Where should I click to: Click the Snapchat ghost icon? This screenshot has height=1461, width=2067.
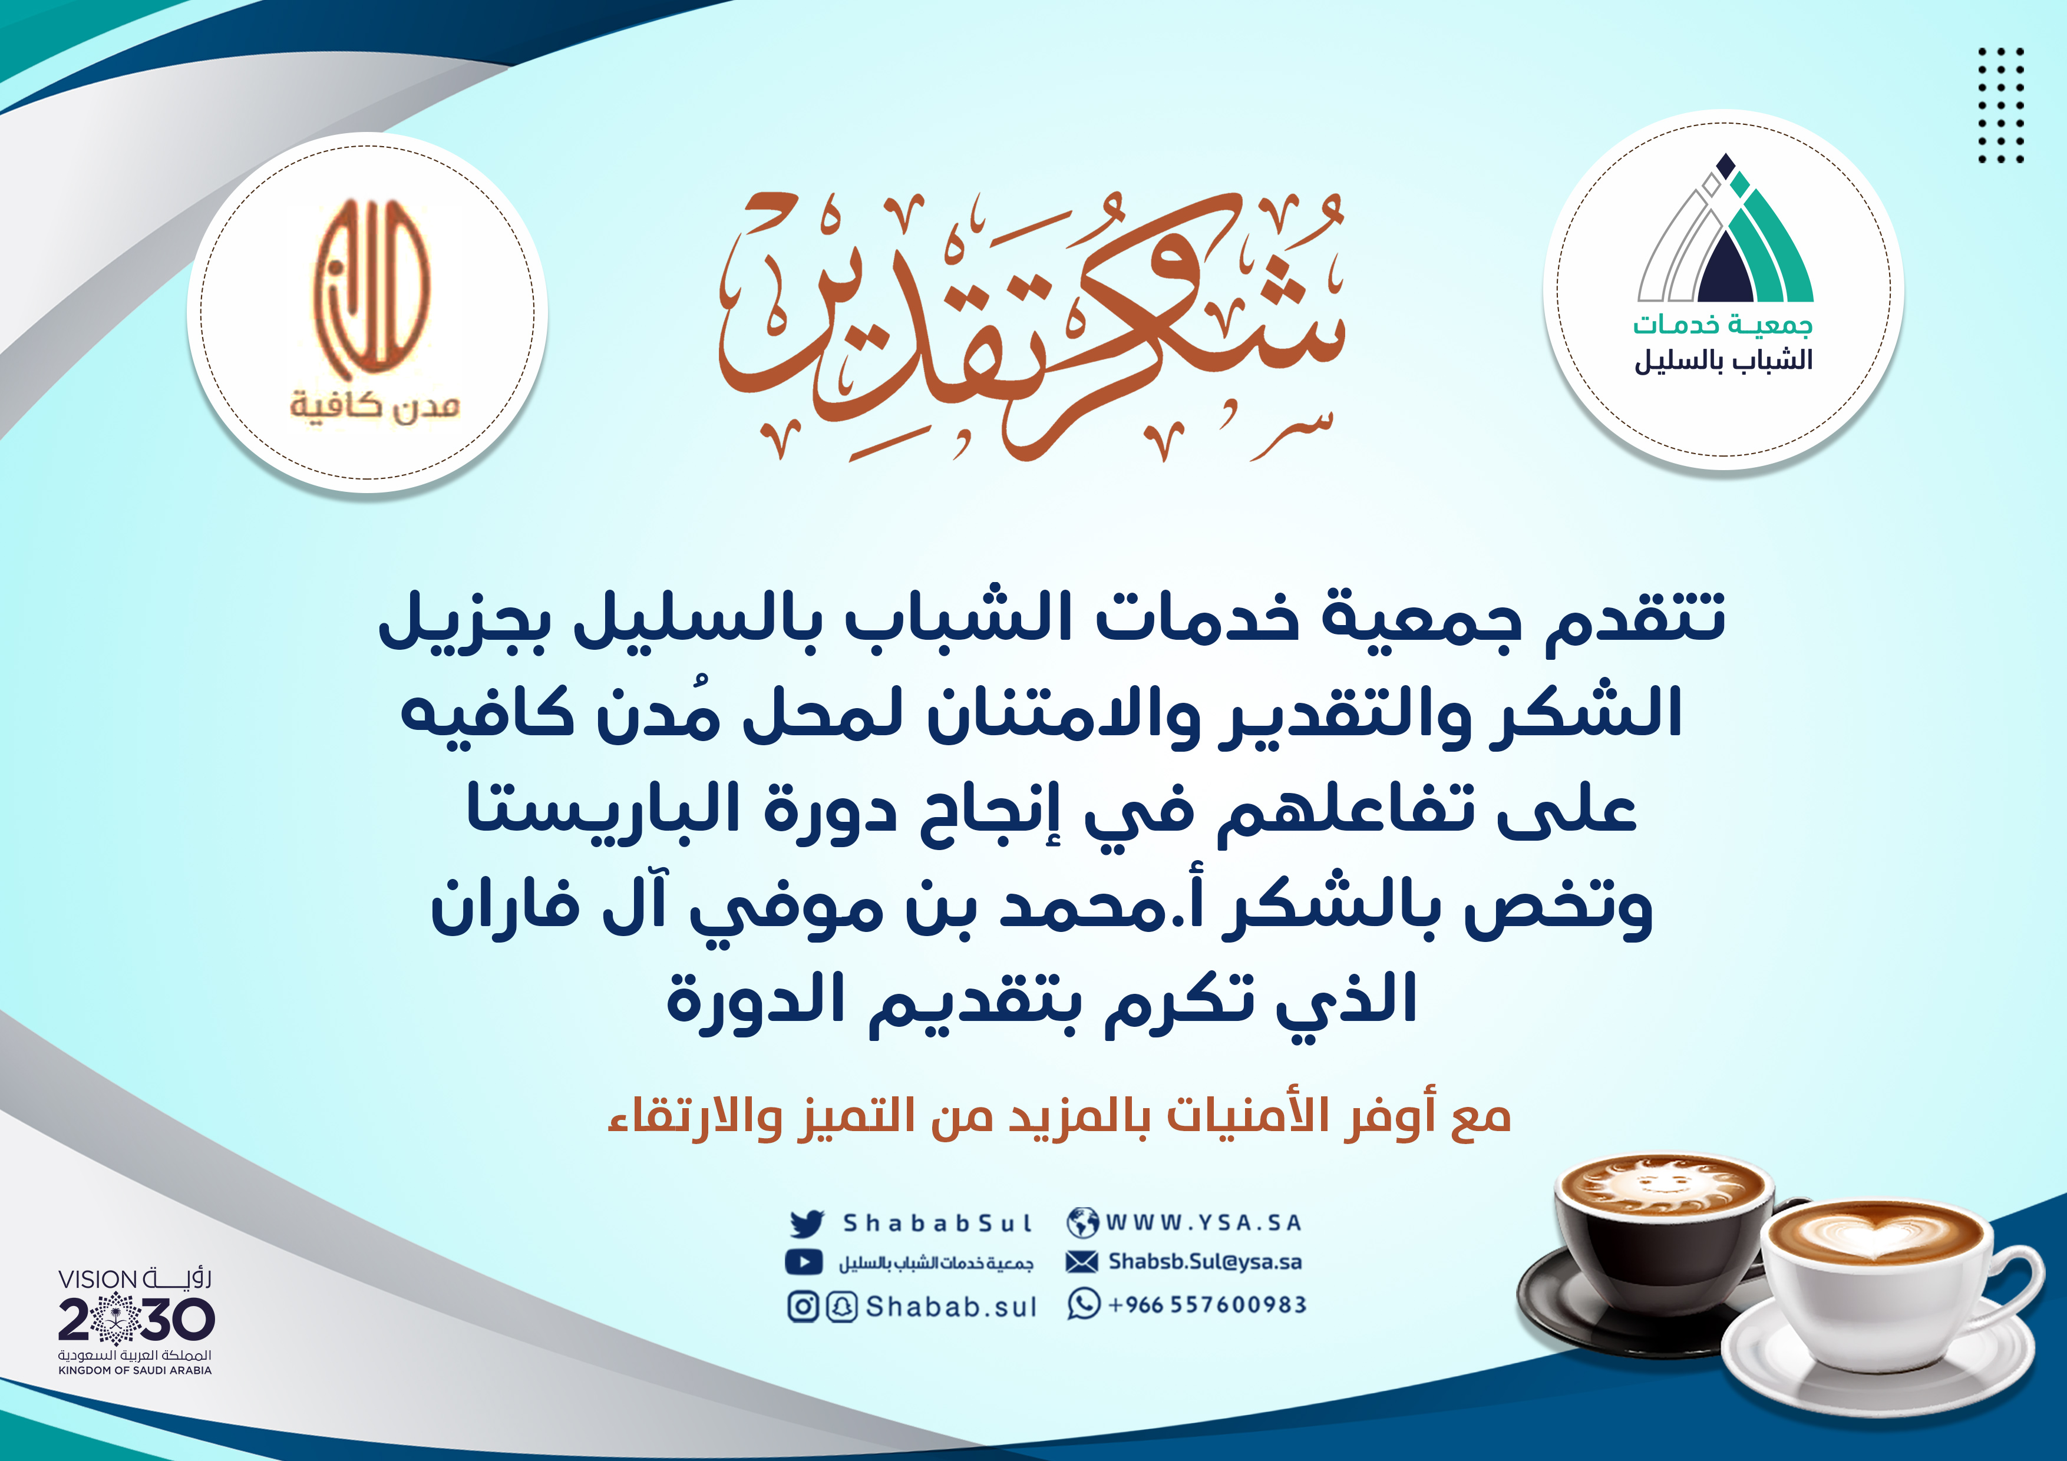(841, 1306)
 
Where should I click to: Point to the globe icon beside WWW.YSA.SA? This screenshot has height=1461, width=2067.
(1082, 1222)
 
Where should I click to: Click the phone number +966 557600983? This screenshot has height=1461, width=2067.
(1206, 1304)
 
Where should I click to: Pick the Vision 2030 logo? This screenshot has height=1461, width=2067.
(135, 1321)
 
